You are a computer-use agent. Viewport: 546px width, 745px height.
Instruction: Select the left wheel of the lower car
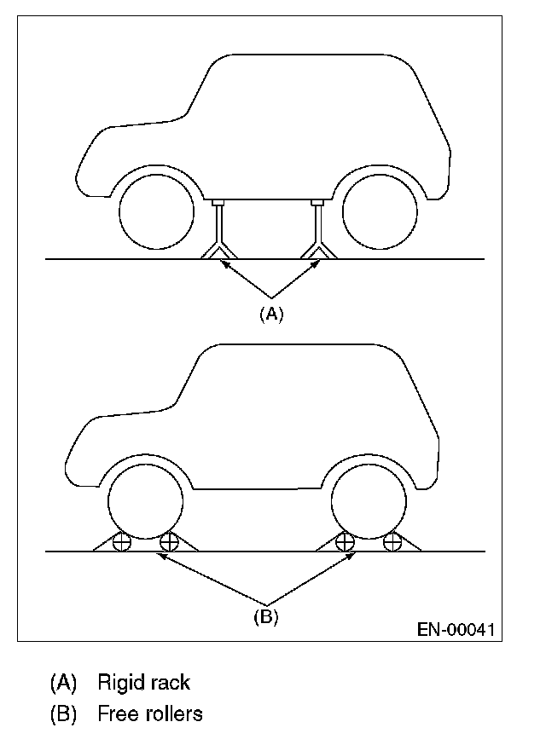[x=146, y=503]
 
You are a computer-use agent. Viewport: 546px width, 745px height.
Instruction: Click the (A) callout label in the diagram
[x=270, y=314]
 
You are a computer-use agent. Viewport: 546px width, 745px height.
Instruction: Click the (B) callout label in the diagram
[x=266, y=617]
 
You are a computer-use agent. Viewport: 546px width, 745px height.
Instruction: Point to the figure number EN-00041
[x=456, y=631]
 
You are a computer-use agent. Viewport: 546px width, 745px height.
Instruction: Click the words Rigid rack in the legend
[x=143, y=683]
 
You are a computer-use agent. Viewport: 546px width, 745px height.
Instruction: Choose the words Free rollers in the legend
[x=150, y=713]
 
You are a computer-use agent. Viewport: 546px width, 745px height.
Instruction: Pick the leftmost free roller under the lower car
[x=121, y=541]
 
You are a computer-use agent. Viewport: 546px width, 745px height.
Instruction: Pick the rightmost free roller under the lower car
[x=392, y=541]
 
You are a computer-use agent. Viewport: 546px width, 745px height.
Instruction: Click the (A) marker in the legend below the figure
[x=63, y=683]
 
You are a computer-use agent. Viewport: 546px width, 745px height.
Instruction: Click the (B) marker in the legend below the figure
[x=63, y=713]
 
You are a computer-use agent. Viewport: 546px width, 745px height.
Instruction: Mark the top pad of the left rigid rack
[x=219, y=203]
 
